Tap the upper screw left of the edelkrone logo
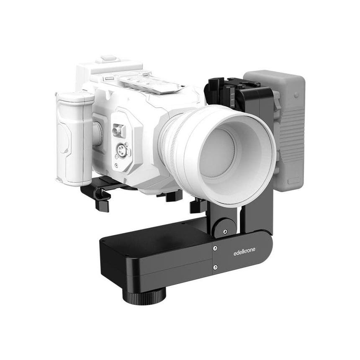(x=215, y=248)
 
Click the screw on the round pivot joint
(x=225, y=231)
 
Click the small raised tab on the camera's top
(x=108, y=59)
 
